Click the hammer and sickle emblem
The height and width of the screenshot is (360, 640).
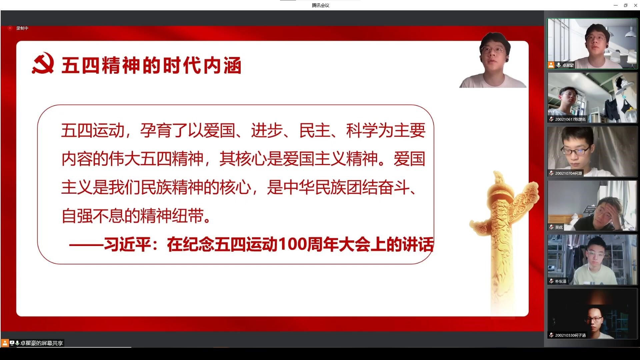tap(43, 63)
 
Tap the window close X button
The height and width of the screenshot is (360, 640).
tap(635, 5)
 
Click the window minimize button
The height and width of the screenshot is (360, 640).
tap(616, 5)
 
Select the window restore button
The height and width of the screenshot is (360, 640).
tap(625, 5)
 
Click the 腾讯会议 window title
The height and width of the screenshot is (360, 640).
tap(320, 5)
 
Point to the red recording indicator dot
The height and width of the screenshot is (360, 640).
tap(10, 28)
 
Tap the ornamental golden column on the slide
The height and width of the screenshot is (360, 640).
tap(502, 233)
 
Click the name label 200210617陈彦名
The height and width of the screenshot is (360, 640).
tap(570, 119)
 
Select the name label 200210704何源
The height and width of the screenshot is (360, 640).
tap(568, 173)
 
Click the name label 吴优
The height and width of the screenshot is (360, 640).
tap(559, 227)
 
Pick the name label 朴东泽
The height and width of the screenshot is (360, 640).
tap(561, 281)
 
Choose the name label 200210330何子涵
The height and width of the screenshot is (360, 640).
tap(570, 335)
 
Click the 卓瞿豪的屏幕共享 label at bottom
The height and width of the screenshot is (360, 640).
tap(41, 343)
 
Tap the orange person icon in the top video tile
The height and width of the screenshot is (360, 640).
tap(551, 65)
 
